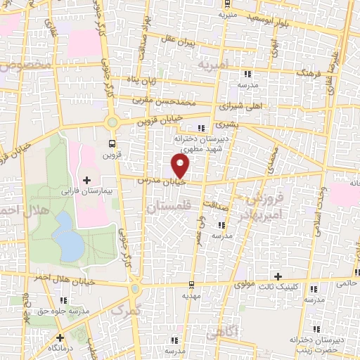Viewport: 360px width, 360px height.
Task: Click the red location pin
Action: click(x=181, y=166)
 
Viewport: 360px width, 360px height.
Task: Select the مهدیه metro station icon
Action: click(x=191, y=285)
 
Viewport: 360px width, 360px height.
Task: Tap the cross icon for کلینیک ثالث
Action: click(x=278, y=276)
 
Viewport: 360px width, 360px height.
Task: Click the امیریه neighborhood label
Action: click(x=214, y=65)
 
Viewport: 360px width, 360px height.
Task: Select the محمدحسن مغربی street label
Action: click(x=160, y=100)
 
